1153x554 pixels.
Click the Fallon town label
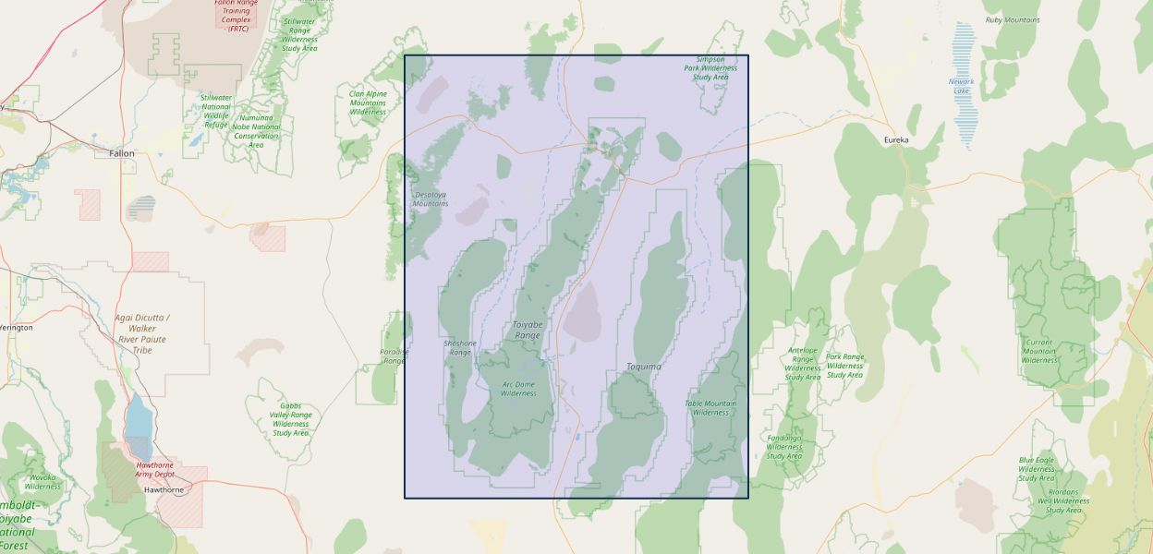tap(121, 153)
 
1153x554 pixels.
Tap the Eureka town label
tap(896, 139)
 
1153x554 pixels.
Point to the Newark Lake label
tap(961, 86)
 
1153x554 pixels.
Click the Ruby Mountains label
tap(1012, 19)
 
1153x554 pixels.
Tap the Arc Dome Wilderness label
tap(518, 389)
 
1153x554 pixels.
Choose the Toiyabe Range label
tap(528, 330)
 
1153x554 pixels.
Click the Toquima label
tap(644, 367)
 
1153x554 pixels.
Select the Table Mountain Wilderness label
tap(710, 407)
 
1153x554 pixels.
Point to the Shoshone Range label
tap(460, 347)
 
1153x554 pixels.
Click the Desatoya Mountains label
tap(431, 199)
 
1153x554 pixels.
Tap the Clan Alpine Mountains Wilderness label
tap(368, 102)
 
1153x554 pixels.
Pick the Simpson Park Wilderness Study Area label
tap(710, 68)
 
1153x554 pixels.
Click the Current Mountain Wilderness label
tap(1038, 351)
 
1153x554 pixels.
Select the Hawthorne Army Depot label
tap(155, 469)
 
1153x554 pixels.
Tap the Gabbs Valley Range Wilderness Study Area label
tap(290, 419)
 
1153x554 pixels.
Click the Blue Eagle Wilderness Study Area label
tap(1037, 468)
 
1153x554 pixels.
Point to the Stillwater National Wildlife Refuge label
tap(216, 111)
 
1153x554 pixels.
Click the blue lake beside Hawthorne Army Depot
tap(139, 417)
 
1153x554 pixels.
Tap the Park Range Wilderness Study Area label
tap(844, 366)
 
